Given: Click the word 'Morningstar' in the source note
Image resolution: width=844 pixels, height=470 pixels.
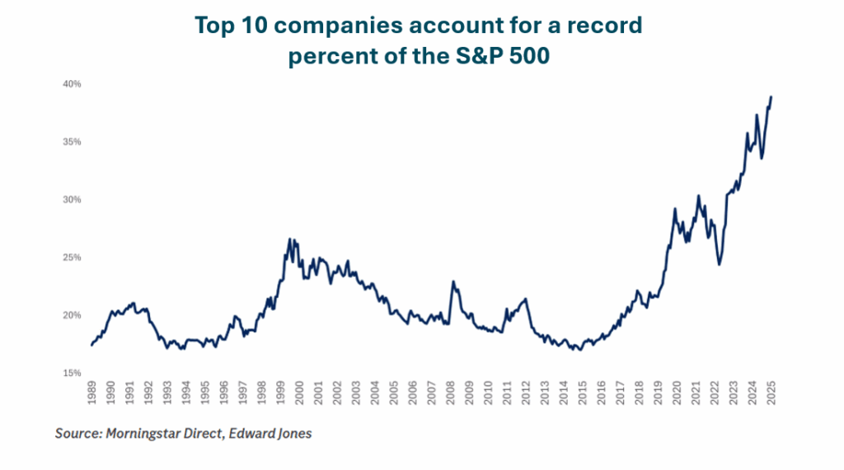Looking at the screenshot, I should coord(146,433).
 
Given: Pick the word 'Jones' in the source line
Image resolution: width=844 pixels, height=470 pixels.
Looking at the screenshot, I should coord(291,433).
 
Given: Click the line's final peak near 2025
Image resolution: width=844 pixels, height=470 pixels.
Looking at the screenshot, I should coord(771,96).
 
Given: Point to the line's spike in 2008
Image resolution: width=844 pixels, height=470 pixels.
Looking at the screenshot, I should coord(452,281).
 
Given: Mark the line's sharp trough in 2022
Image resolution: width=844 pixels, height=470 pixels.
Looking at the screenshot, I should coord(720,264).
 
